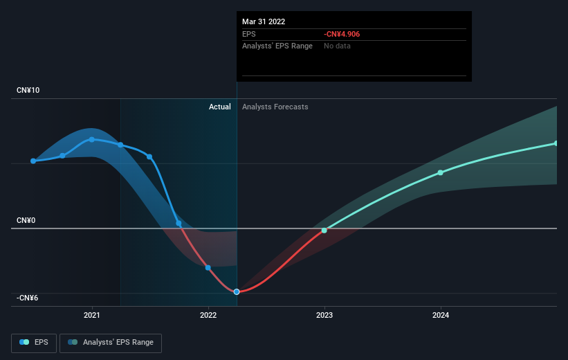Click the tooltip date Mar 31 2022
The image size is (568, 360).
(264, 21)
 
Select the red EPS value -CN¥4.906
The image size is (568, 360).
(342, 34)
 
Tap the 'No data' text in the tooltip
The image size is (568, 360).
(337, 46)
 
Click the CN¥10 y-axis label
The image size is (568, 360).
(28, 90)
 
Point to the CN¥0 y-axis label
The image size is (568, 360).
(26, 220)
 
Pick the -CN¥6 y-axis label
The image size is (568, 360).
(27, 298)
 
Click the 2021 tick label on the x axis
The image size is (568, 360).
(91, 315)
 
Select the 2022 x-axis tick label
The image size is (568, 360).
(208, 315)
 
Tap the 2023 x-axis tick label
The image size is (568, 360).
(324, 315)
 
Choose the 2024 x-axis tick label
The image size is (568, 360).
(441, 315)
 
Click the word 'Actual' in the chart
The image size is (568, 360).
(219, 107)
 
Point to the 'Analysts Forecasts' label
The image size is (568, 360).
(275, 107)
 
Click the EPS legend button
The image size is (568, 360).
(34, 343)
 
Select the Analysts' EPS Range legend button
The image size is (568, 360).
(111, 343)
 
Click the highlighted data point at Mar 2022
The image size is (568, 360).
(237, 292)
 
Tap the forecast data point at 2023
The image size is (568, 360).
(324, 231)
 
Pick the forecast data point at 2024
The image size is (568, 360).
(440, 172)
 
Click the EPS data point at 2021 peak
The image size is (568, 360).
(91, 140)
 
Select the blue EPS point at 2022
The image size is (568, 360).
(208, 267)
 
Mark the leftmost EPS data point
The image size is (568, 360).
(33, 161)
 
